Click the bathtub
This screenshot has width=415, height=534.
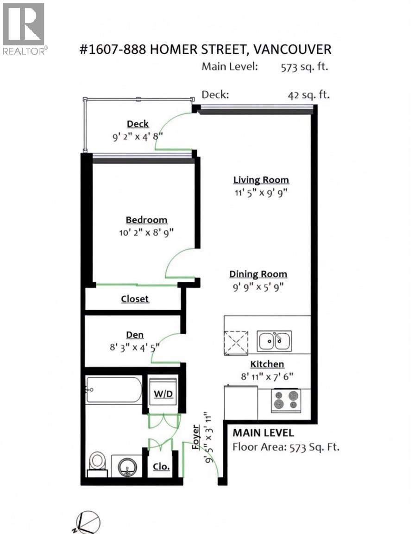point(113,389)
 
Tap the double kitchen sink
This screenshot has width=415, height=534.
point(274,341)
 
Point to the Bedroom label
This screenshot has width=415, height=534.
point(146,220)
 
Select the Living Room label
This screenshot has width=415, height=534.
point(261,180)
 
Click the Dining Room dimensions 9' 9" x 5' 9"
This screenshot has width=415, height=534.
point(258,287)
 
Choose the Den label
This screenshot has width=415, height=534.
point(135,335)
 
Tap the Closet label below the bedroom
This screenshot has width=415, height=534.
point(135,299)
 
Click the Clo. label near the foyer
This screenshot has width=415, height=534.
point(161,466)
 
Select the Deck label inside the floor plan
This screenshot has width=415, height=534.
point(138,124)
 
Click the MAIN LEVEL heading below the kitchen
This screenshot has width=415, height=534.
point(263,433)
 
